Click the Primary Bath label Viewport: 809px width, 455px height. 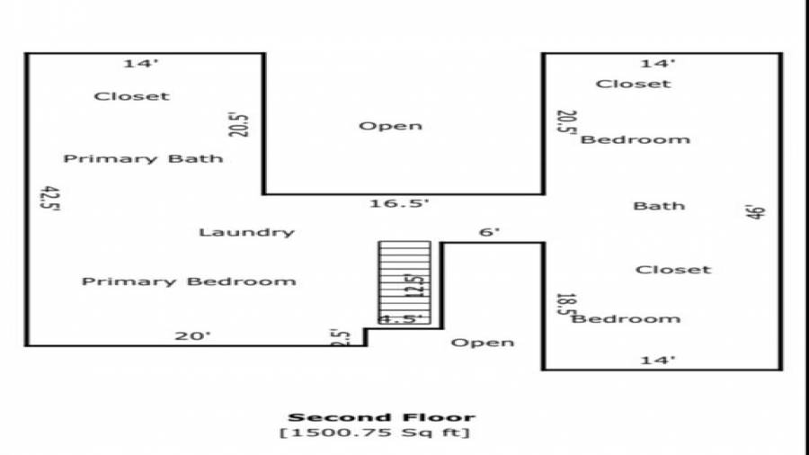(x=143, y=159)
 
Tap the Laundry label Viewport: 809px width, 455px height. (x=246, y=232)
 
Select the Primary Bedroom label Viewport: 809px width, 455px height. (x=189, y=281)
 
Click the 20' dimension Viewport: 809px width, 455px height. (x=192, y=335)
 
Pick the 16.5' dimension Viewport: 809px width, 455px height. (x=400, y=204)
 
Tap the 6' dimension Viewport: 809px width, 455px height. (x=489, y=232)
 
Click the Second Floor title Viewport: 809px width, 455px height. (x=381, y=417)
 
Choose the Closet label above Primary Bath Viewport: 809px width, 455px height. (x=131, y=96)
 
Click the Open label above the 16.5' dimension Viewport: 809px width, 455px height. (x=390, y=126)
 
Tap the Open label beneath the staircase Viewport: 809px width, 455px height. (x=483, y=343)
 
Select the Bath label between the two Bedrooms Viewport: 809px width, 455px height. (x=659, y=206)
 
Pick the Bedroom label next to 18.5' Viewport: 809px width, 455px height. (x=627, y=319)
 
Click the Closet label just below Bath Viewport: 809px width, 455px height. (x=673, y=270)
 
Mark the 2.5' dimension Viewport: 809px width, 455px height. (x=340, y=338)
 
